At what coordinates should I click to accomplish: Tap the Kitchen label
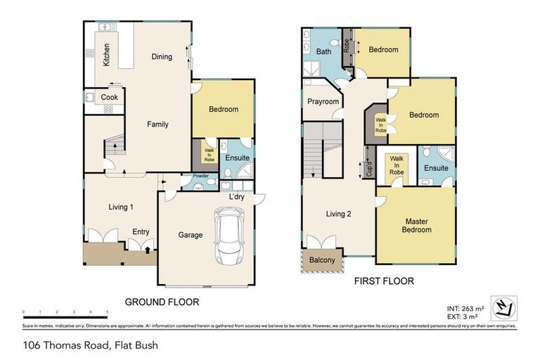coord(106,54)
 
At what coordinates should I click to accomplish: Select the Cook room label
coord(109,98)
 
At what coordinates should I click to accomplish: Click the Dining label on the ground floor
coord(161,57)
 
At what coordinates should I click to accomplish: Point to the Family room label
coord(157,124)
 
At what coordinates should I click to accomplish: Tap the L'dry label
coord(236,197)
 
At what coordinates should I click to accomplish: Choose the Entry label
coord(141,231)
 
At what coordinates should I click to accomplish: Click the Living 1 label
coord(121,207)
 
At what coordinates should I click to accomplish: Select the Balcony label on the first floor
coord(323,261)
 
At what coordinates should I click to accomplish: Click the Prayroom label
coord(323,102)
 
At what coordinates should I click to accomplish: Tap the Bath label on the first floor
coord(323,52)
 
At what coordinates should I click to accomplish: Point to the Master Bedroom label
coord(416,226)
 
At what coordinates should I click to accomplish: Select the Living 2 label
coord(338,214)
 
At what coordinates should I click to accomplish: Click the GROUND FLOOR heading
coord(162,302)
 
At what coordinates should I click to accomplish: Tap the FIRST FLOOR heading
coord(383,281)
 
